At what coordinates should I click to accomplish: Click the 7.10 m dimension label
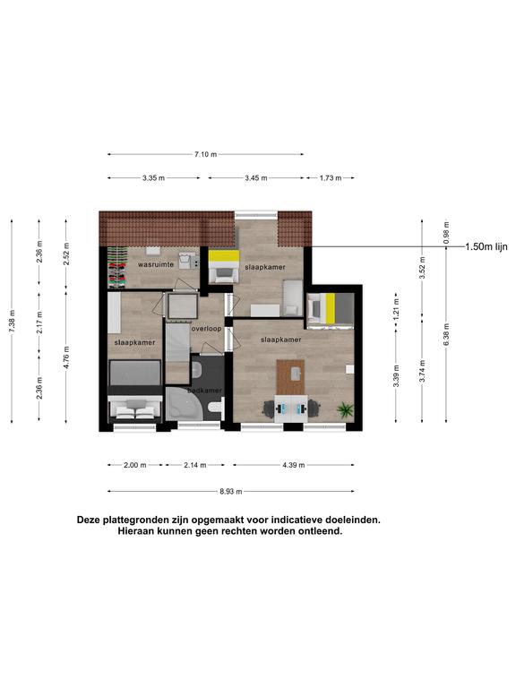pos(205,154)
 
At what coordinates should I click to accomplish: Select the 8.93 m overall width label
pos(231,492)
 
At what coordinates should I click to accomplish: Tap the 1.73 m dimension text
pos(331,178)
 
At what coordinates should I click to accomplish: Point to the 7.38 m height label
pos(12,322)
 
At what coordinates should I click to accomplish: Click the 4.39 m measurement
pos(293,465)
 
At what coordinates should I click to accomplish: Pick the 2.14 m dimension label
pos(194,465)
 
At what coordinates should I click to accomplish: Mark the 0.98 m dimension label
pos(446,232)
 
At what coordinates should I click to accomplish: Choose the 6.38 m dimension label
pos(446,335)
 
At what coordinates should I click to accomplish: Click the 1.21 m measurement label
pos(396,310)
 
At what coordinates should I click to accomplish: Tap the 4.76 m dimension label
pos(66,357)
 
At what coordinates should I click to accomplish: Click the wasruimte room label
pos(156,264)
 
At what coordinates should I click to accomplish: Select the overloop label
pos(206,328)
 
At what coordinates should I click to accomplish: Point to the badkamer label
pos(204,390)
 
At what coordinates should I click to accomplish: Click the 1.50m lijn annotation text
pos(486,247)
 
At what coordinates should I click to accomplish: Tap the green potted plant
pos(345,410)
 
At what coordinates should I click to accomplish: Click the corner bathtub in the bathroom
pos(184,405)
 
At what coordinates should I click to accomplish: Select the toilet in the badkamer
pos(215,408)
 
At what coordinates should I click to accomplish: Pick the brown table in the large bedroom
pos(290,377)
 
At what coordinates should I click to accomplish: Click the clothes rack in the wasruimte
pos(117,267)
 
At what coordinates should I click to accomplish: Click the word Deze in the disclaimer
pos(88,520)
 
